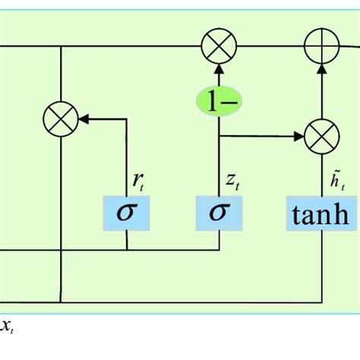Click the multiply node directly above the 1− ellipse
click(219, 47)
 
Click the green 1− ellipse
click(219, 102)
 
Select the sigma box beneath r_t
click(127, 213)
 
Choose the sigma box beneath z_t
click(219, 213)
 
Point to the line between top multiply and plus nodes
click(270, 47)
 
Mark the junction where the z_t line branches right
click(219, 137)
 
